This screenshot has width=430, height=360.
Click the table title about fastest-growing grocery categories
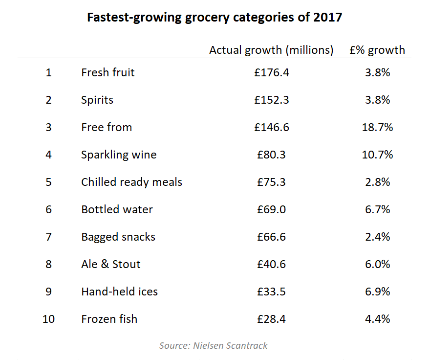click(x=215, y=18)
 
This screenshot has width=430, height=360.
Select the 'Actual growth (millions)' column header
click(x=271, y=50)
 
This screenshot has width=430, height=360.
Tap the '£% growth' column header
click(x=377, y=50)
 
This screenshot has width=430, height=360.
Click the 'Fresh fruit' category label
click(x=107, y=72)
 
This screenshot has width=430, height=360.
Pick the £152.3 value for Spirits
click(x=271, y=100)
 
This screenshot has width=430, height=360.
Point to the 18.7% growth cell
click(x=377, y=127)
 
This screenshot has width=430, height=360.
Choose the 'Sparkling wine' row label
click(x=119, y=155)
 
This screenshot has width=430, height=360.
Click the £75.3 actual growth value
click(x=271, y=182)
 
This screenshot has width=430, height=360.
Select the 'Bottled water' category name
click(x=117, y=209)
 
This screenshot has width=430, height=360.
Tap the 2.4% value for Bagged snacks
click(x=377, y=237)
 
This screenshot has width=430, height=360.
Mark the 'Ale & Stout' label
click(x=110, y=264)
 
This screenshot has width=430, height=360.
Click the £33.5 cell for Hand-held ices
click(x=271, y=292)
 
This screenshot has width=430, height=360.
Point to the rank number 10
click(x=48, y=319)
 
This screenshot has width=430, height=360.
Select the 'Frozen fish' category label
click(x=109, y=319)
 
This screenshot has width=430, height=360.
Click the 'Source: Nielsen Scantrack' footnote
click(x=214, y=345)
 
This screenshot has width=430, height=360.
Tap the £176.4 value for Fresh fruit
click(x=271, y=72)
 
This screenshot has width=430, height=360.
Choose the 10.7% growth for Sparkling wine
click(x=377, y=155)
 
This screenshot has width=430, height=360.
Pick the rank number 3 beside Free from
click(x=48, y=127)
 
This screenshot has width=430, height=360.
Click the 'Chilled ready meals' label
click(x=131, y=182)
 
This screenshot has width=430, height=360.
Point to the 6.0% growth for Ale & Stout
click(x=377, y=264)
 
